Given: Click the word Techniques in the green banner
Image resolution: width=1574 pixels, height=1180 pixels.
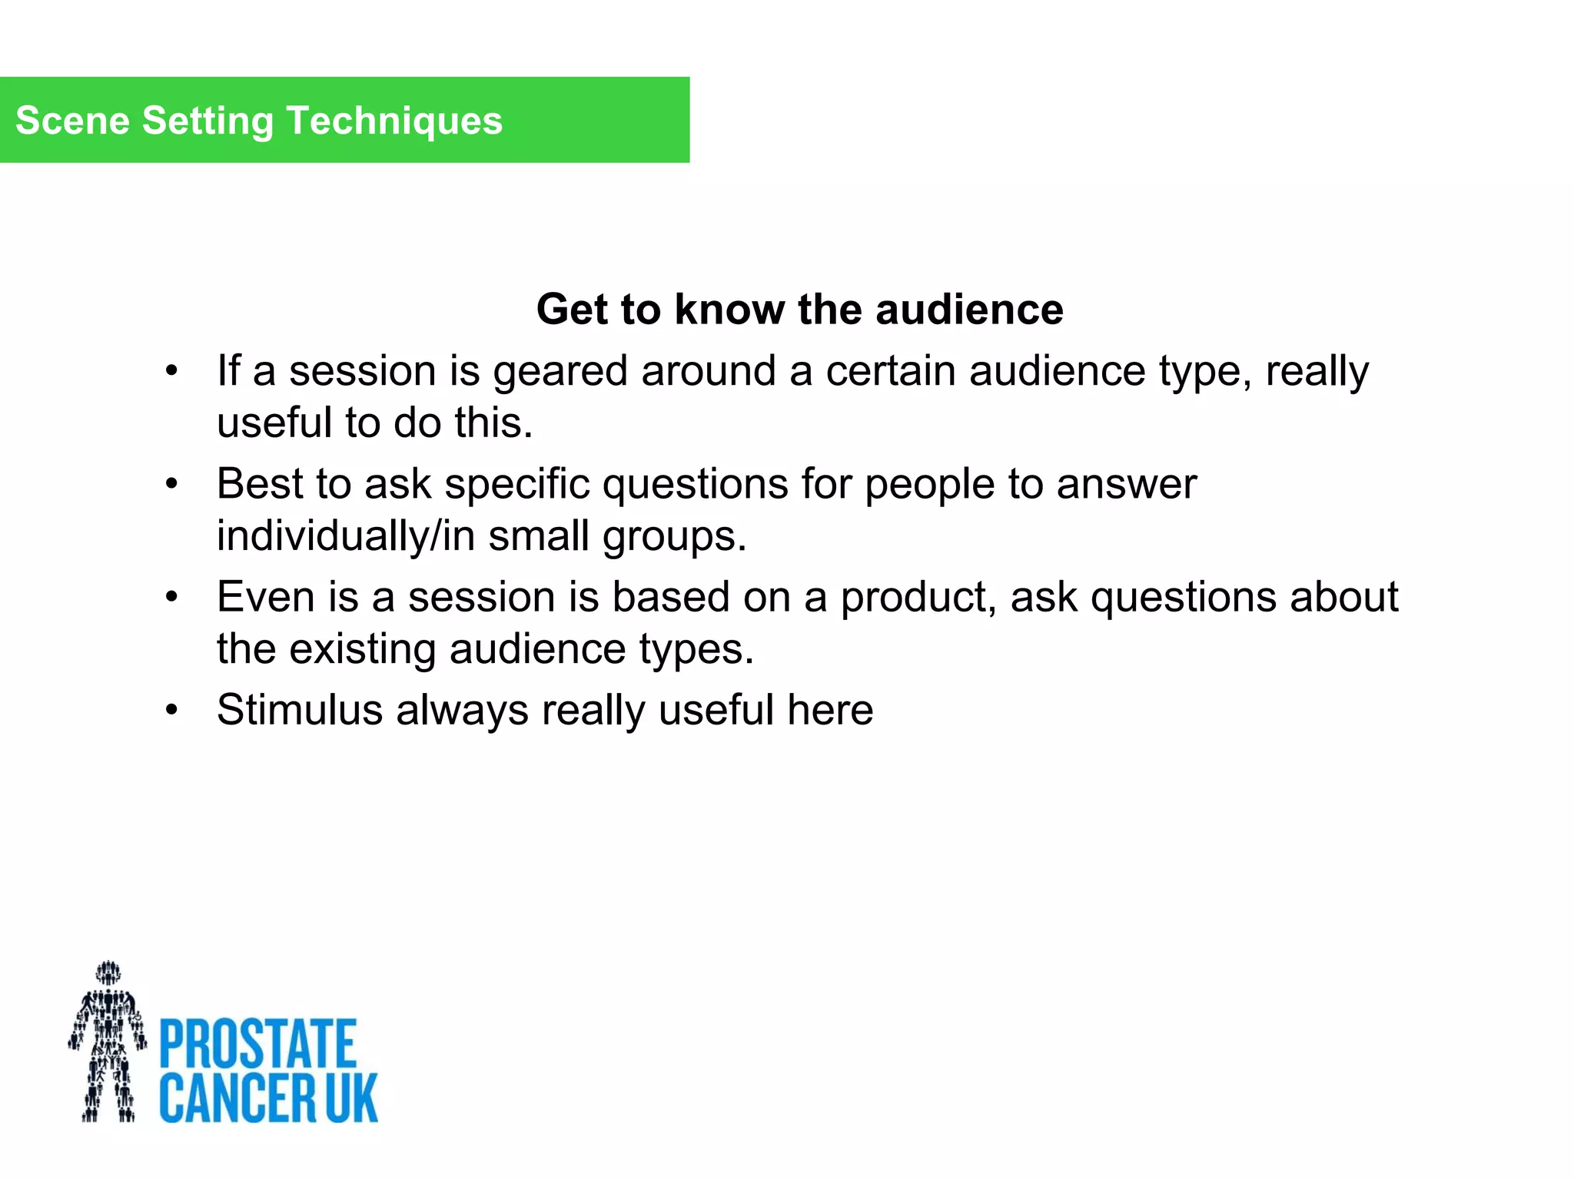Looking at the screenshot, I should coord(394,121).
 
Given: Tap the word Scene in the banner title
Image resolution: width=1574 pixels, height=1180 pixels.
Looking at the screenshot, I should coord(72,121).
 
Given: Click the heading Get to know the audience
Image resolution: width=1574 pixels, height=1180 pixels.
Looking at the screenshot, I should coord(799,310).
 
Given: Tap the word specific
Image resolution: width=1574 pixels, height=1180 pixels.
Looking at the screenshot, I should coord(516,485).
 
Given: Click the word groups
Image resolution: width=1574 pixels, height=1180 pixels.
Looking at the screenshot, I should coord(673,536).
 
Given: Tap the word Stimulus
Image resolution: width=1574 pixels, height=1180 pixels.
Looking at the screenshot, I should coord(300,710).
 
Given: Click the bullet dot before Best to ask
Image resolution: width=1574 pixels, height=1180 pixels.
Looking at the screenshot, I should coord(171,485).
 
